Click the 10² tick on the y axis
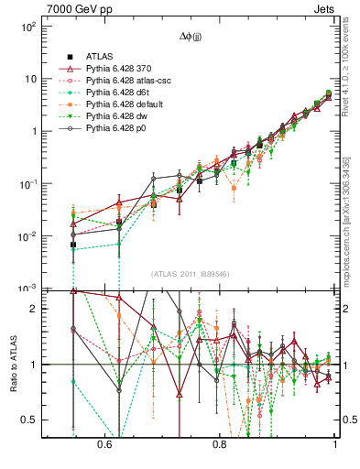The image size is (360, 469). pyautogui.click(x=27, y=26)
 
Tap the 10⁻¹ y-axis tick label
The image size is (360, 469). pyautogui.click(x=27, y=183)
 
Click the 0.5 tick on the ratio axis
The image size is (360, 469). pyautogui.click(x=29, y=420)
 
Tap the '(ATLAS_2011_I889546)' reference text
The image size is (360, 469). pyautogui.click(x=191, y=274)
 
